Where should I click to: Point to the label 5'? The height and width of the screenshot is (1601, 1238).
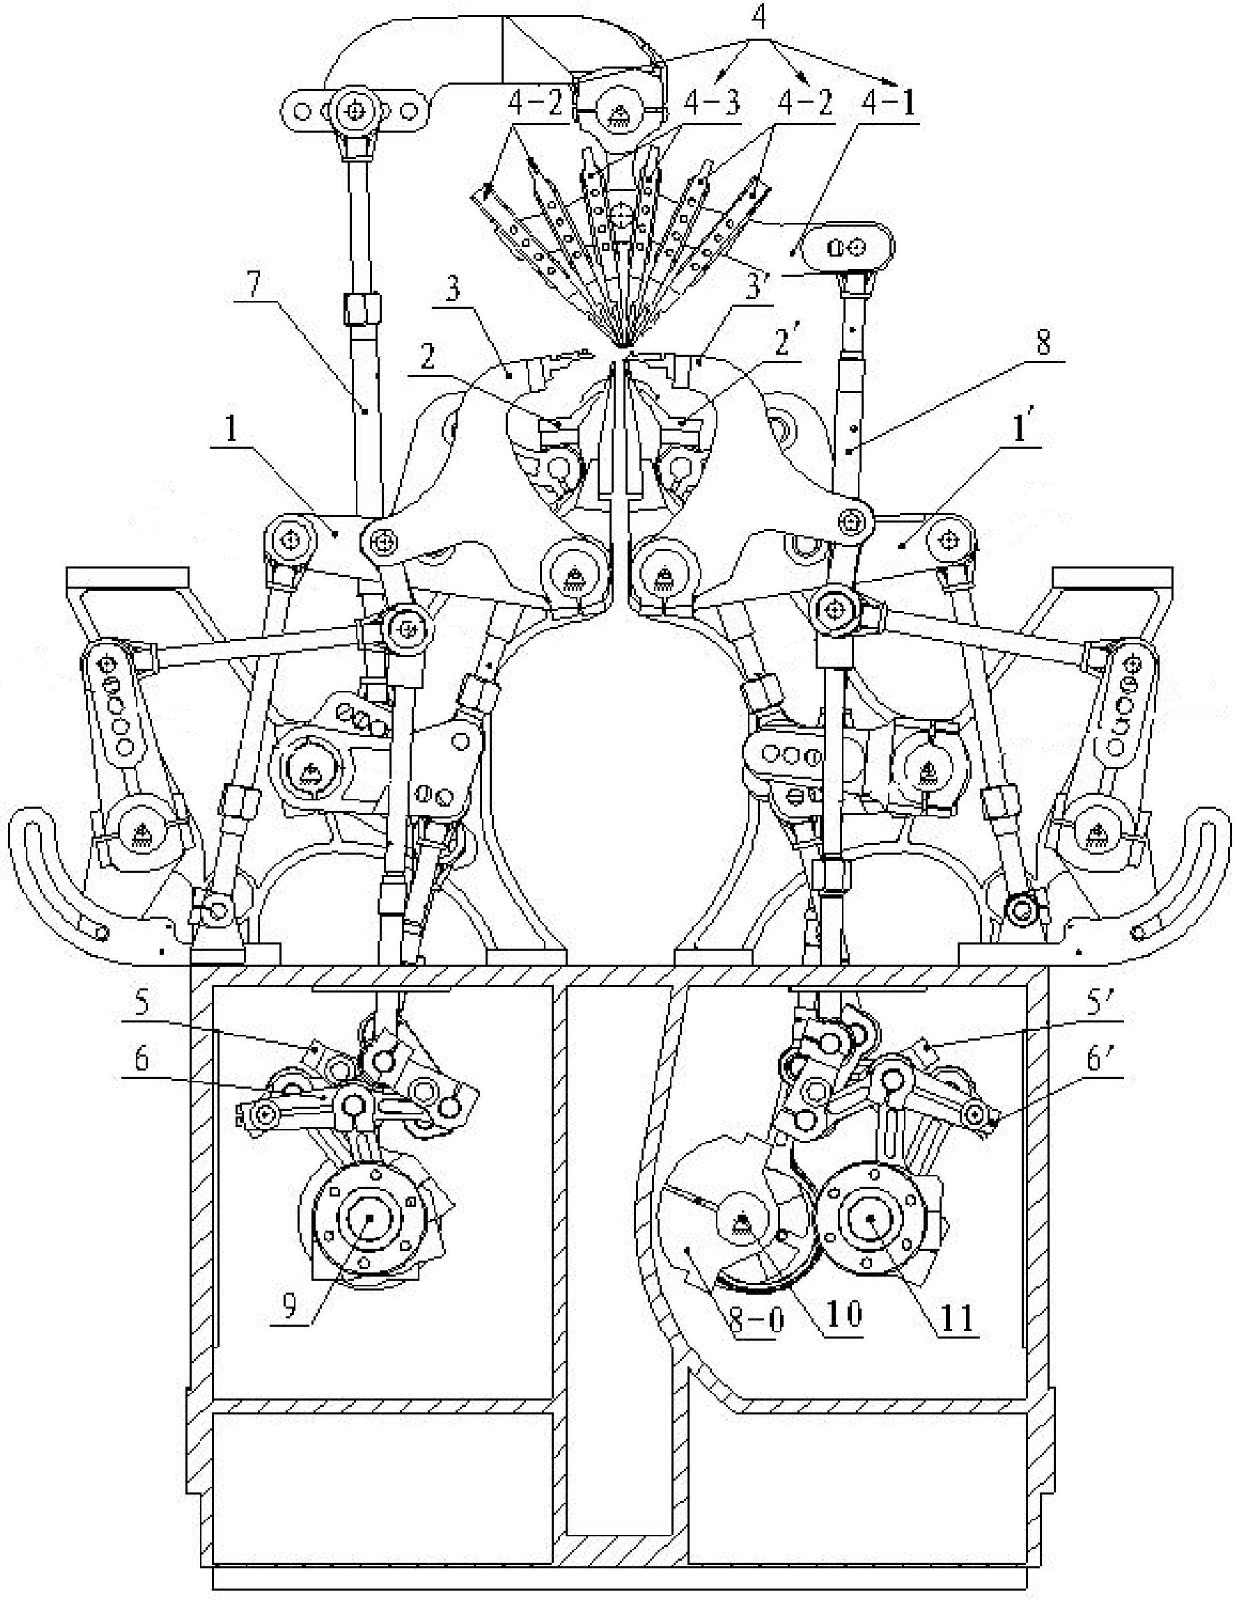(x=1099, y=1006)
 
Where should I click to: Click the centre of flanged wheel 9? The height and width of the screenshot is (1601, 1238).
(x=370, y=1217)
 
